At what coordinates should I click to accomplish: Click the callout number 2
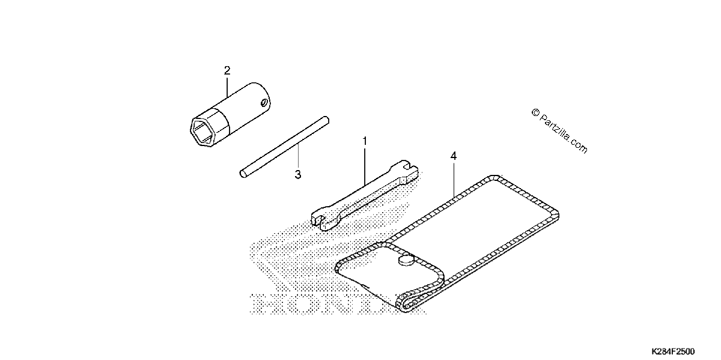(227, 70)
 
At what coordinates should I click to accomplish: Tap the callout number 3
(298, 175)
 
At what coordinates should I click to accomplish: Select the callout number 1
(365, 141)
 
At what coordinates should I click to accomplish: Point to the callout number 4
(454, 156)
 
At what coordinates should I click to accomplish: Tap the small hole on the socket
(264, 103)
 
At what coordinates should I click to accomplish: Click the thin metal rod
(285, 147)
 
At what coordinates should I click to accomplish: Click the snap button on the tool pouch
(407, 260)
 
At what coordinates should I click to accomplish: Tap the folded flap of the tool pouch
(389, 277)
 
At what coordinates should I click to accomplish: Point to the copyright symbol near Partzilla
(535, 112)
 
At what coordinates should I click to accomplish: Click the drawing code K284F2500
(673, 352)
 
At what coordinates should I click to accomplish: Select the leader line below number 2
(227, 87)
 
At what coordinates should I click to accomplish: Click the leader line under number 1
(365, 166)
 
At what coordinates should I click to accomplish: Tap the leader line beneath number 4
(454, 180)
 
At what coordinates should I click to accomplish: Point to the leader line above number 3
(298, 157)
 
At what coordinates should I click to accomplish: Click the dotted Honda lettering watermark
(338, 304)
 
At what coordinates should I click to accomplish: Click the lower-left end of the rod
(243, 174)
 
